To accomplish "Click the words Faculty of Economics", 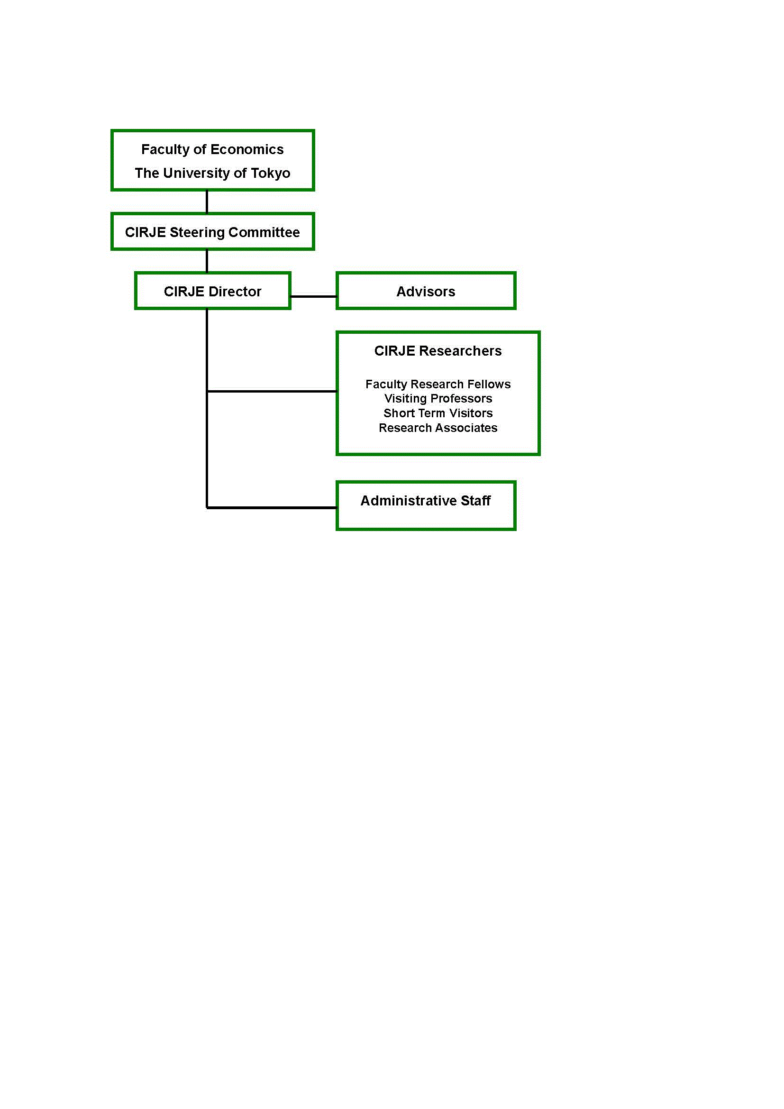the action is [212, 150].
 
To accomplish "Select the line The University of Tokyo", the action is [212, 174].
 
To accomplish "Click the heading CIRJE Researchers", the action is [438, 351].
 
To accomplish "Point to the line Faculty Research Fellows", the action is [438, 384].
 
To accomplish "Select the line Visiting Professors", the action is [438, 398].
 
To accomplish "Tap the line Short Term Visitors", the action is [438, 413].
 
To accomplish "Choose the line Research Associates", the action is [438, 428].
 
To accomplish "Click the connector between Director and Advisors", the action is [314, 296].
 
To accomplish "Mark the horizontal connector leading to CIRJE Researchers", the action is [272, 391].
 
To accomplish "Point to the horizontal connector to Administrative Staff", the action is [272, 508].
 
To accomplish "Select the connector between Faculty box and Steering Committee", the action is [207, 202].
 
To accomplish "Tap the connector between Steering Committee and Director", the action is [207, 261].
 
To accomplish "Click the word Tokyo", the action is [270, 174].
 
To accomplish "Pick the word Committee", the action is [264, 232].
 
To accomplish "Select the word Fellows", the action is [489, 384].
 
